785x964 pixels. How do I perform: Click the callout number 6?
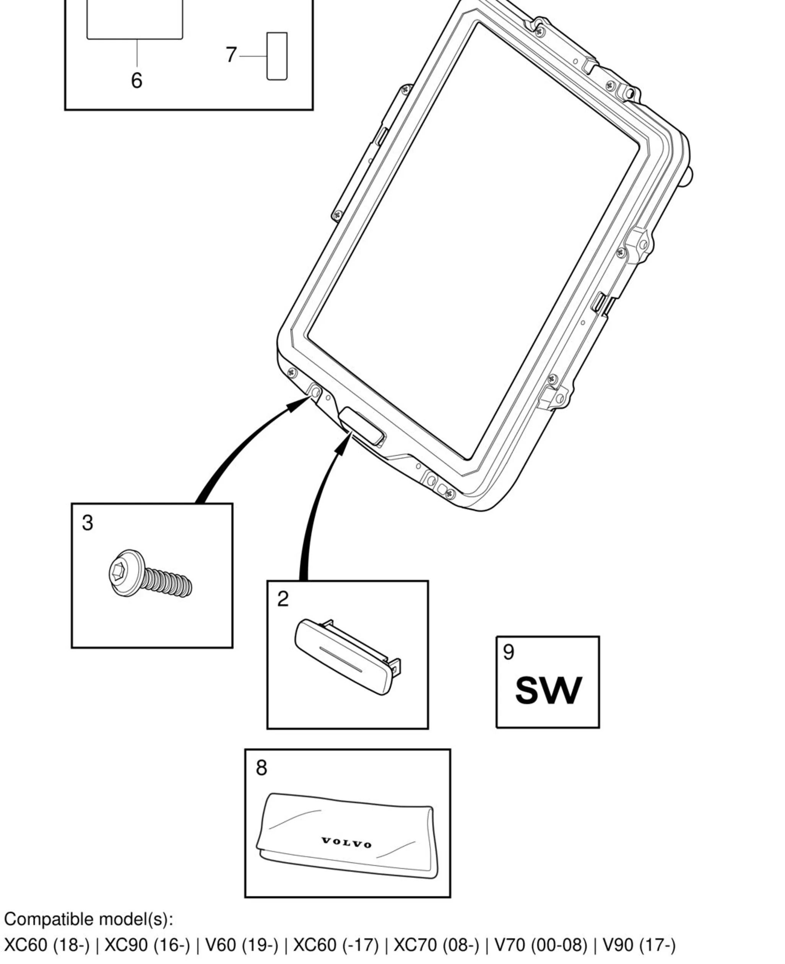[x=137, y=80]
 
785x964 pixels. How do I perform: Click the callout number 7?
[x=231, y=55]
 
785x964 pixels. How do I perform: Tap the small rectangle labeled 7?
[x=277, y=56]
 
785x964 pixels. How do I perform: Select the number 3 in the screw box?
[x=88, y=523]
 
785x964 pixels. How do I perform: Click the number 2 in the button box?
[x=283, y=599]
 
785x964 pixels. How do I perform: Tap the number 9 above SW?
[x=509, y=652]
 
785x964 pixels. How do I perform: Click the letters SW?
[x=548, y=691]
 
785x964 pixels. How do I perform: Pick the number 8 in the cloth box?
[x=262, y=768]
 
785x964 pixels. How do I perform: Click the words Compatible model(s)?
[x=89, y=920]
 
